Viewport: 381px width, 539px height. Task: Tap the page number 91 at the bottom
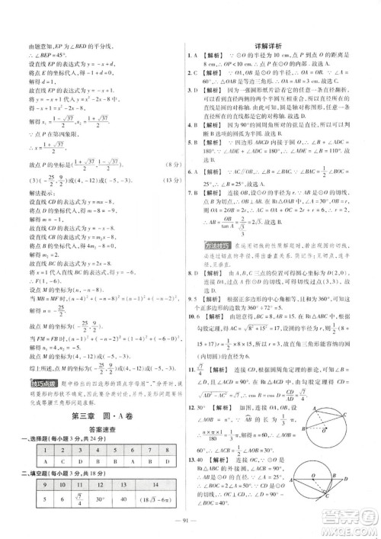[x=190, y=521]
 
